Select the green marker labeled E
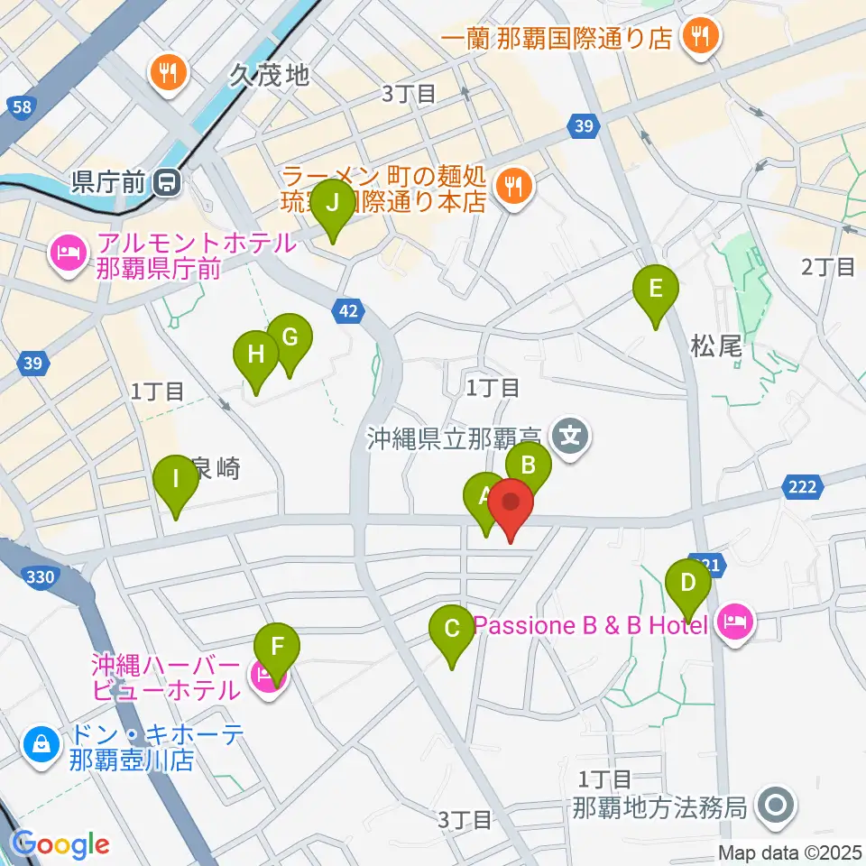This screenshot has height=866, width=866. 656,290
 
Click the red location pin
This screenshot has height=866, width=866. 511,505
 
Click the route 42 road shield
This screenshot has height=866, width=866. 350,311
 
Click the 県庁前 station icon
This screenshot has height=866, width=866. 167,183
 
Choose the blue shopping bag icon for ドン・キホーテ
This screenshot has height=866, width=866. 41,744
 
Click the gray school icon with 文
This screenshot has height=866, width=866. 570,438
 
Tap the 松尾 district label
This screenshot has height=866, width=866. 715,346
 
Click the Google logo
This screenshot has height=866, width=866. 61,844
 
